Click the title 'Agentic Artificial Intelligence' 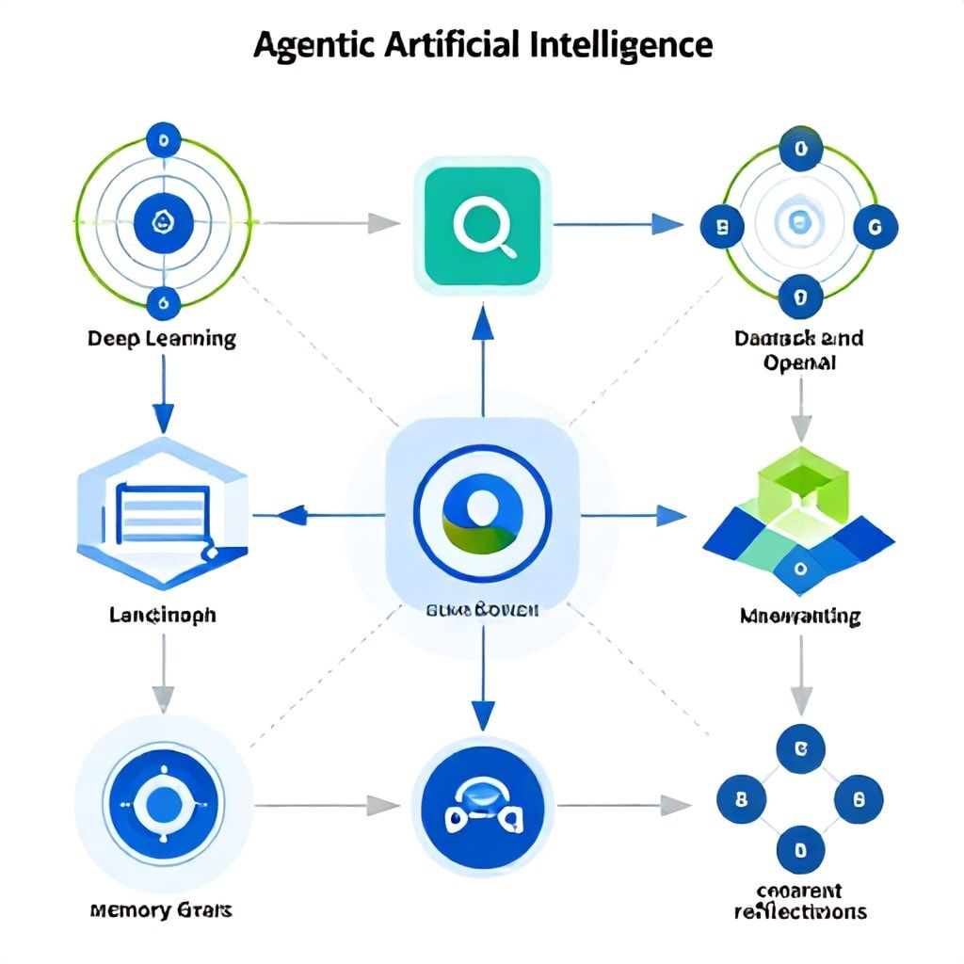point(482,44)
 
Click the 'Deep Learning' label point(162,338)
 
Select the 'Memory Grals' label point(162,910)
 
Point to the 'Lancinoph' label point(162,615)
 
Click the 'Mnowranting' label point(799,617)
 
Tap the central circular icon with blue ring point(482,514)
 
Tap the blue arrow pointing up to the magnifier point(482,325)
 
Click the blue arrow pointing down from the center point(482,715)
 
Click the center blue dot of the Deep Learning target point(162,223)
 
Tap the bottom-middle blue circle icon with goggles point(482,806)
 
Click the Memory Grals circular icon point(162,806)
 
